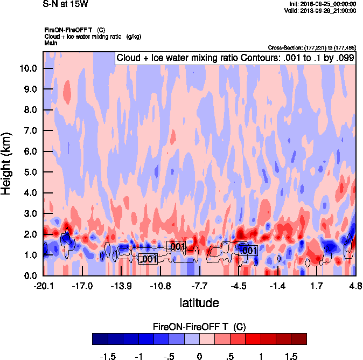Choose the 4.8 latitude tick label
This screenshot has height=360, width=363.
(354, 286)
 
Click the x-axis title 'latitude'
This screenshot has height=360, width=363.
(199, 302)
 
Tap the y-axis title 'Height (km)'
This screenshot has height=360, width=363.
(7, 163)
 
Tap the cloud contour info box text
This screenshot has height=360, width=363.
(235, 58)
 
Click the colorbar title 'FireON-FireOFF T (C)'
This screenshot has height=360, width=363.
(199, 327)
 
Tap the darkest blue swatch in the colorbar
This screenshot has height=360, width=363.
(100, 339)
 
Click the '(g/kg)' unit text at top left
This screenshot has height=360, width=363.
(132, 36)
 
